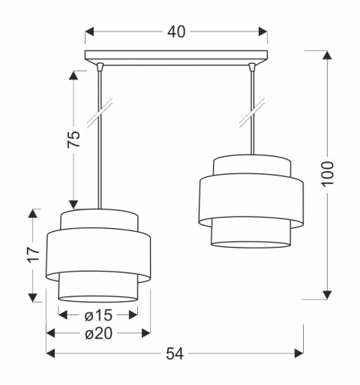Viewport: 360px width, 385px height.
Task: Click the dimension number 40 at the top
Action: pyautogui.click(x=177, y=32)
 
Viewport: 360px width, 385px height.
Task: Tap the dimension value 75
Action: pyautogui.click(x=73, y=139)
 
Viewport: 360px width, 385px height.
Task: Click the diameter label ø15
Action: pyautogui.click(x=97, y=314)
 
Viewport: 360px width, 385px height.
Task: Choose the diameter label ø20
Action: pyautogui.click(x=97, y=333)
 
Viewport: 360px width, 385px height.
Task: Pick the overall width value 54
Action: pyautogui.click(x=174, y=353)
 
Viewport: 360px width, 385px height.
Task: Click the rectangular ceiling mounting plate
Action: pyautogui.click(x=176, y=56)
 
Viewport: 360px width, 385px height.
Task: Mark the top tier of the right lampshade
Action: pyautogui.click(x=251, y=166)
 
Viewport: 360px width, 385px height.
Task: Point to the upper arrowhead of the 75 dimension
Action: pyautogui.click(x=73, y=76)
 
